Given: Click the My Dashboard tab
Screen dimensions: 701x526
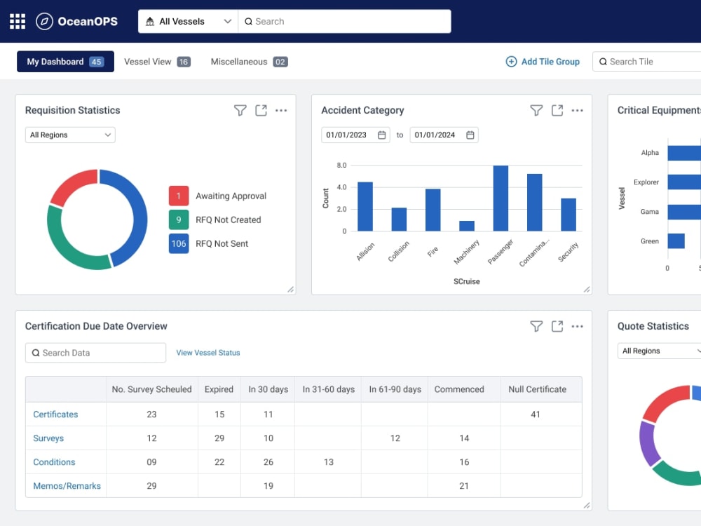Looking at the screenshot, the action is pyautogui.click(x=65, y=62).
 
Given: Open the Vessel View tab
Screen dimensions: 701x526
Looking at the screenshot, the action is pyautogui.click(x=157, y=62).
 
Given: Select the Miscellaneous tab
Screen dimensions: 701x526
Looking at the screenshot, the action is pyautogui.click(x=249, y=62).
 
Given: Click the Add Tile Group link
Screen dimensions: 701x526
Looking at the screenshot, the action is pyautogui.click(x=543, y=62).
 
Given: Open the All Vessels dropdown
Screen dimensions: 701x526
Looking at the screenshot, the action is pyautogui.click(x=188, y=22).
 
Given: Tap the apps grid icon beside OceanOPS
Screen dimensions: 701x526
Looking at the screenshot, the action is pyautogui.click(x=18, y=22).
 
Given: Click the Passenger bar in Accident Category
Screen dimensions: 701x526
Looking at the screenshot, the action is pyautogui.click(x=501, y=198).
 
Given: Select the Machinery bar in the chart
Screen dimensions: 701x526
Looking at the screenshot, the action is pyautogui.click(x=467, y=226).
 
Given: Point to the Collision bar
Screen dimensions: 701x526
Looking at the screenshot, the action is pyautogui.click(x=399, y=219).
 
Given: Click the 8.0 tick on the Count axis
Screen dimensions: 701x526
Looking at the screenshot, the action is pyautogui.click(x=341, y=165).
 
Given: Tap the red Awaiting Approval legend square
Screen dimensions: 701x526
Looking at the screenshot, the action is pyautogui.click(x=178, y=196).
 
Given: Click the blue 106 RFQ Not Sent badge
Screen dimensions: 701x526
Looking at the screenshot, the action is pyautogui.click(x=178, y=244).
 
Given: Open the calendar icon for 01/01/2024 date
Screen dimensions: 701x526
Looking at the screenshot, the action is pyautogui.click(x=470, y=135).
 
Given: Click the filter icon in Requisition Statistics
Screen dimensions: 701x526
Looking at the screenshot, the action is pyautogui.click(x=240, y=111).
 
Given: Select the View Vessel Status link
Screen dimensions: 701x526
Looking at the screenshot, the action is pyautogui.click(x=208, y=353).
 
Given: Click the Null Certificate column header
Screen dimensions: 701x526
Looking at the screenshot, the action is pyautogui.click(x=538, y=389).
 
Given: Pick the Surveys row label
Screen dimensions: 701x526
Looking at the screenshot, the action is pyautogui.click(x=48, y=438).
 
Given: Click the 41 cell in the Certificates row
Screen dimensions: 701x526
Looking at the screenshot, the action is pyautogui.click(x=535, y=414).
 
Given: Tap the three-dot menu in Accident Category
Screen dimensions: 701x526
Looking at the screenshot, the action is pyautogui.click(x=577, y=111).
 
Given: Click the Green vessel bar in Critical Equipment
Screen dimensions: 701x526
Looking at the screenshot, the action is pyautogui.click(x=676, y=241).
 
